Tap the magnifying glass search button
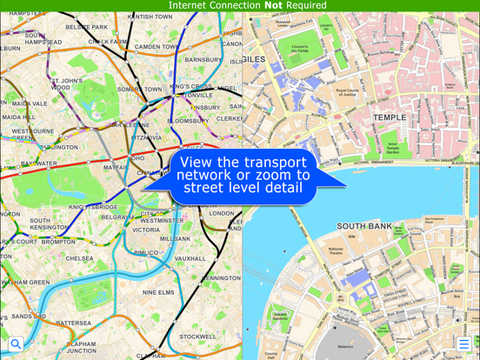pos(16,344)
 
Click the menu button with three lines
pos(464,344)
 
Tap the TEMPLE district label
pos(390,117)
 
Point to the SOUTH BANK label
pos(366,226)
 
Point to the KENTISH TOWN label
pos(150,16)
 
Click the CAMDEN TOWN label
pos(157,47)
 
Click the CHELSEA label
pos(80,258)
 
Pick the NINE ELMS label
pos(158,292)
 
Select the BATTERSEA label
pos(74,323)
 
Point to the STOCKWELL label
pos(198,337)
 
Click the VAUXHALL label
pos(190,258)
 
